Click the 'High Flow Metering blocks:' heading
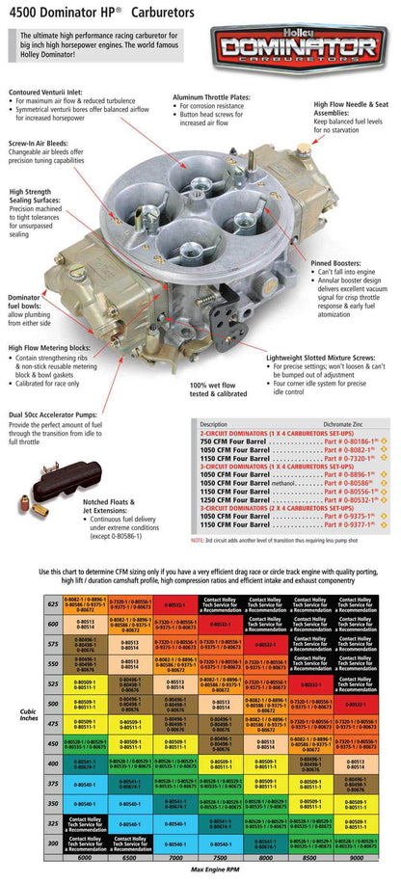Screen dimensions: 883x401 [57, 348]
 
